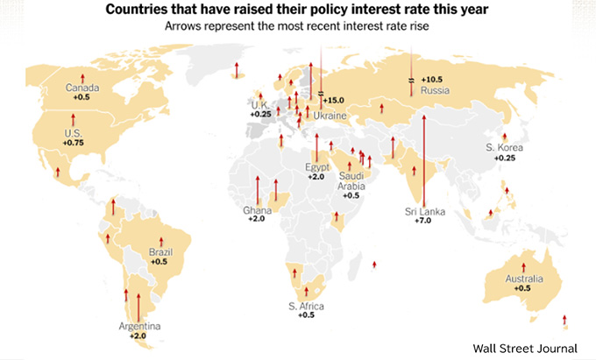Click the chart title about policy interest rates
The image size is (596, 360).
298,11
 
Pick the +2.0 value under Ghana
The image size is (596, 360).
255,219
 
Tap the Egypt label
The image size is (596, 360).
316,166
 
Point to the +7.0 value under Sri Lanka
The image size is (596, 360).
422,222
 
